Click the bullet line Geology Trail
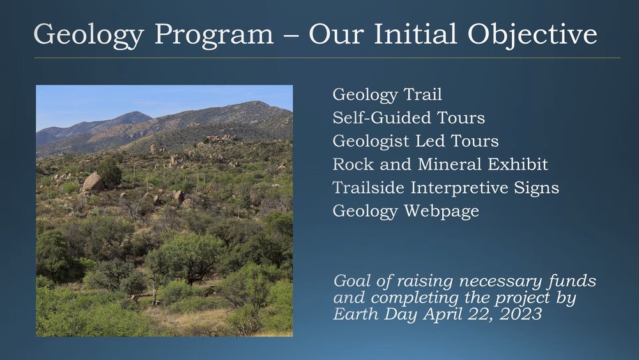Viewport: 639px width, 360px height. pos(387,95)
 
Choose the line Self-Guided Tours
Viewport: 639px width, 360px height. pos(408,118)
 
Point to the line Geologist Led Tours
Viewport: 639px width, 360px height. pos(415,141)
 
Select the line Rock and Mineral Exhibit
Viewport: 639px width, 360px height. pos(440,164)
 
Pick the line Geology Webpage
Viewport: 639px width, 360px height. pos(406,211)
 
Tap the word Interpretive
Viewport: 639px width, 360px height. pos(468,188)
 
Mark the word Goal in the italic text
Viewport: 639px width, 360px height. pos(351,281)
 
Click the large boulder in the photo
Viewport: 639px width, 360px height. pos(93,182)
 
